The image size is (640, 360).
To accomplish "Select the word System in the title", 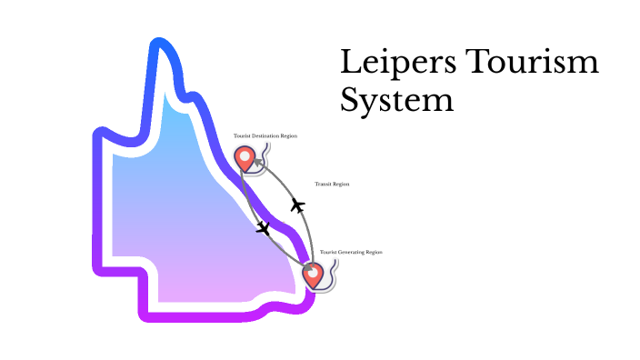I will (396, 98).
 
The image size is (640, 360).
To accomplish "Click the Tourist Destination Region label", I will (265, 135).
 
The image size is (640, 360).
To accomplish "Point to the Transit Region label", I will (332, 184).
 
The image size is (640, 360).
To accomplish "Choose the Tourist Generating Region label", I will (349, 251).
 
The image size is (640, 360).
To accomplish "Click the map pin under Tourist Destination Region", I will (245, 158).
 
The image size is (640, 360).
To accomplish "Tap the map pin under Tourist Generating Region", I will (313, 274).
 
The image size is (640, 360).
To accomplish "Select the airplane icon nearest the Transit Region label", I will (297, 205).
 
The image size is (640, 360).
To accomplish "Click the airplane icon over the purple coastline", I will (264, 227).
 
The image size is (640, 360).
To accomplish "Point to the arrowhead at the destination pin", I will (256, 163).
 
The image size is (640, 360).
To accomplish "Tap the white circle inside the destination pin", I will (245, 155).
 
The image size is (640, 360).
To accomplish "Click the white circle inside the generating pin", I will (313, 270).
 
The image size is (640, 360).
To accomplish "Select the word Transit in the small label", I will (325, 184).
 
